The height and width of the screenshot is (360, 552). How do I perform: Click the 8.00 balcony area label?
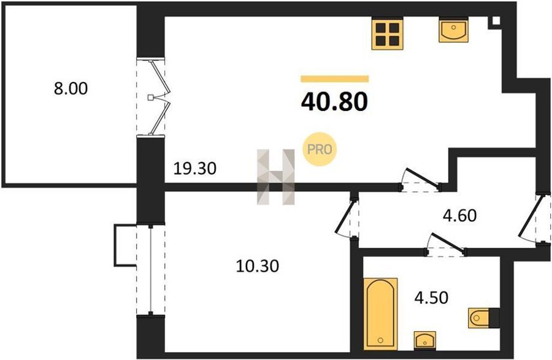click(x=71, y=89)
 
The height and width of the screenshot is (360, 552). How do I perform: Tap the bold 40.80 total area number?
click(x=334, y=102)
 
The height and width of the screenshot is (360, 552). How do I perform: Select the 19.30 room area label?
click(x=195, y=169)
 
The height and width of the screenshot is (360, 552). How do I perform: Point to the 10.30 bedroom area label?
click(x=258, y=266)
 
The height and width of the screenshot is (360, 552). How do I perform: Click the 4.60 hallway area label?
click(x=460, y=215)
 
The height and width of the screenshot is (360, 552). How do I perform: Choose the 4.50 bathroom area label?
click(x=431, y=297)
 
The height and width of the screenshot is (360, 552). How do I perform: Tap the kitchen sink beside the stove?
click(x=453, y=29)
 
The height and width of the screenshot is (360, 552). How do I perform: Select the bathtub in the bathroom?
click(x=380, y=314)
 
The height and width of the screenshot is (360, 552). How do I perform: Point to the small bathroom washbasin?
click(x=425, y=340)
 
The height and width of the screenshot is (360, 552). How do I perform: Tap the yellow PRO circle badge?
click(x=320, y=149)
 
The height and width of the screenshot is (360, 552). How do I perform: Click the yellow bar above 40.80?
click(x=334, y=79)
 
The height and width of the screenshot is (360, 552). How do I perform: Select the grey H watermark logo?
click(x=275, y=177)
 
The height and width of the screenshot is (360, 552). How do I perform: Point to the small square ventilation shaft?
click(x=496, y=20)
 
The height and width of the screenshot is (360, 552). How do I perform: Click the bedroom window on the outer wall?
click(x=151, y=269)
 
